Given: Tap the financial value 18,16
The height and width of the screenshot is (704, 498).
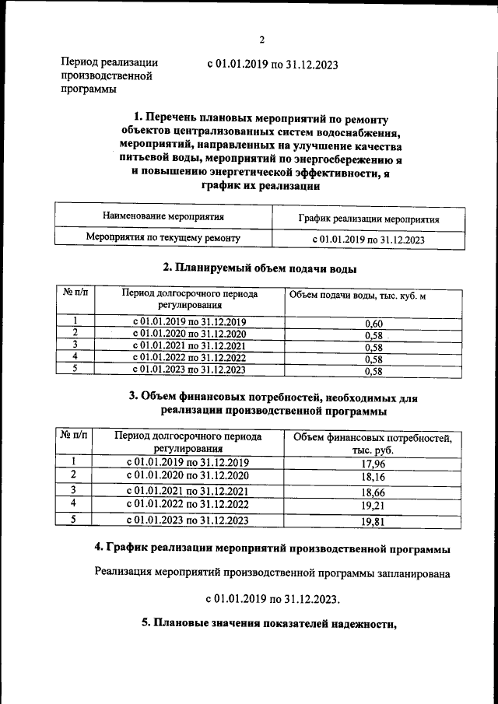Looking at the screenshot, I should pyautogui.click(x=373, y=478).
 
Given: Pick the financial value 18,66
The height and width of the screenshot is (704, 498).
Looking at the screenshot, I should pyautogui.click(x=373, y=492).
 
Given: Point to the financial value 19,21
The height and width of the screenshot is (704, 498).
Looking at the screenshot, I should pyautogui.click(x=373, y=506).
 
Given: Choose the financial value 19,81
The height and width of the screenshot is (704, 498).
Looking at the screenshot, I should pyautogui.click(x=373, y=522).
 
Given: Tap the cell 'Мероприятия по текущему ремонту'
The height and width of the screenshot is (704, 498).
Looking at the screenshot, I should pyautogui.click(x=163, y=239).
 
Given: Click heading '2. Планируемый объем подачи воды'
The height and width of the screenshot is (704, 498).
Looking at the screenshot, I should pyautogui.click(x=260, y=268).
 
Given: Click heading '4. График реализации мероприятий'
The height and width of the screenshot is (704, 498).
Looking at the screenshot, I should pyautogui.click(x=272, y=549).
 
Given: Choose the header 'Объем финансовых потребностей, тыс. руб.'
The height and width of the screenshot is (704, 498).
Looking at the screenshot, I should pyautogui.click(x=372, y=443).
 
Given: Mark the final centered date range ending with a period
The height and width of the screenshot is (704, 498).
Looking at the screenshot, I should pyautogui.click(x=273, y=600).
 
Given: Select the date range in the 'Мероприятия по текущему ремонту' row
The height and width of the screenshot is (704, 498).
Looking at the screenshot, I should pyautogui.click(x=368, y=240).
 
